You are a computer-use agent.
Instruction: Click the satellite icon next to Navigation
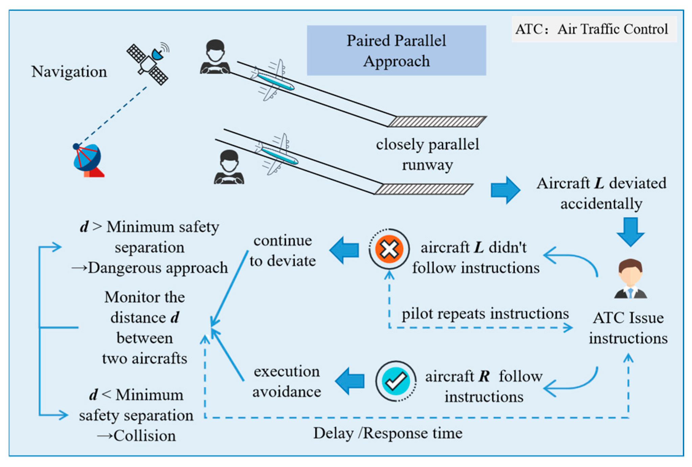click(148, 63)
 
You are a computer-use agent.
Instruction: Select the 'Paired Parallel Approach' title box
click(396, 50)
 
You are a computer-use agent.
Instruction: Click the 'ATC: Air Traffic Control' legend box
click(594, 29)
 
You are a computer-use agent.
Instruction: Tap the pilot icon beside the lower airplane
click(229, 167)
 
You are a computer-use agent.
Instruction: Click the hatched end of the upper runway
click(437, 121)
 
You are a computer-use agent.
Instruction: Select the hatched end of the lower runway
click(424, 189)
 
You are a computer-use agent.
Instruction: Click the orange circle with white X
click(389, 249)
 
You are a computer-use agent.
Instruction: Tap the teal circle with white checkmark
click(396, 381)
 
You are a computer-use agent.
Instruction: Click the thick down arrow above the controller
click(630, 231)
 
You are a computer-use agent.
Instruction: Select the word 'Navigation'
click(69, 72)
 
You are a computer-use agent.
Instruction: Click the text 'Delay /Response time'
click(388, 433)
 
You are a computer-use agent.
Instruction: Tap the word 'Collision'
click(144, 436)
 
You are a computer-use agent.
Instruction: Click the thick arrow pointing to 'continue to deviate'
click(344, 250)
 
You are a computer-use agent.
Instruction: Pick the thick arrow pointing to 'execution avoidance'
click(350, 381)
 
